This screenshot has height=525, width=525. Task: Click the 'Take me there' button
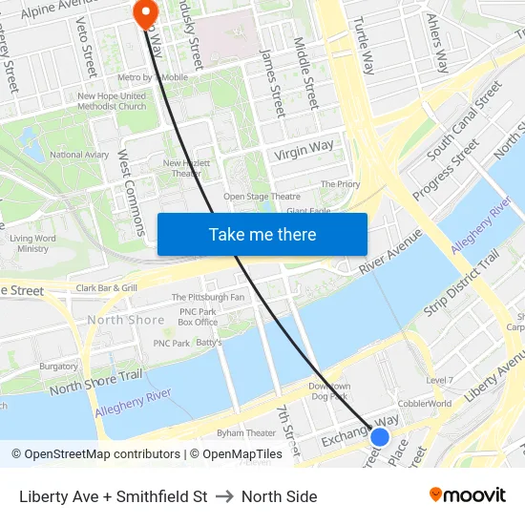coord(262,234)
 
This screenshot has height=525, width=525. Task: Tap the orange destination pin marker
coord(146,13)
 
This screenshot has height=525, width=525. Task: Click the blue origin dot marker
coord(380,437)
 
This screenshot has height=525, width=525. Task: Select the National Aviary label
coord(79,155)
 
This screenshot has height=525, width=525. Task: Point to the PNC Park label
coord(172,343)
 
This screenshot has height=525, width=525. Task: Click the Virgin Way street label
coord(304,150)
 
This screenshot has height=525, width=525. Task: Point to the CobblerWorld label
coord(425,403)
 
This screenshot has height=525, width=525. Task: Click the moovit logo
coord(468,495)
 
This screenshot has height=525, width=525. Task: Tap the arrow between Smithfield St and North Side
coord(224,496)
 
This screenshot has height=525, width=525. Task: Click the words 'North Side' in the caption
coord(279,496)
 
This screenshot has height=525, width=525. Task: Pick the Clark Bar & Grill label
coord(107,287)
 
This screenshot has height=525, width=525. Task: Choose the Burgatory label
coord(59,366)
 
